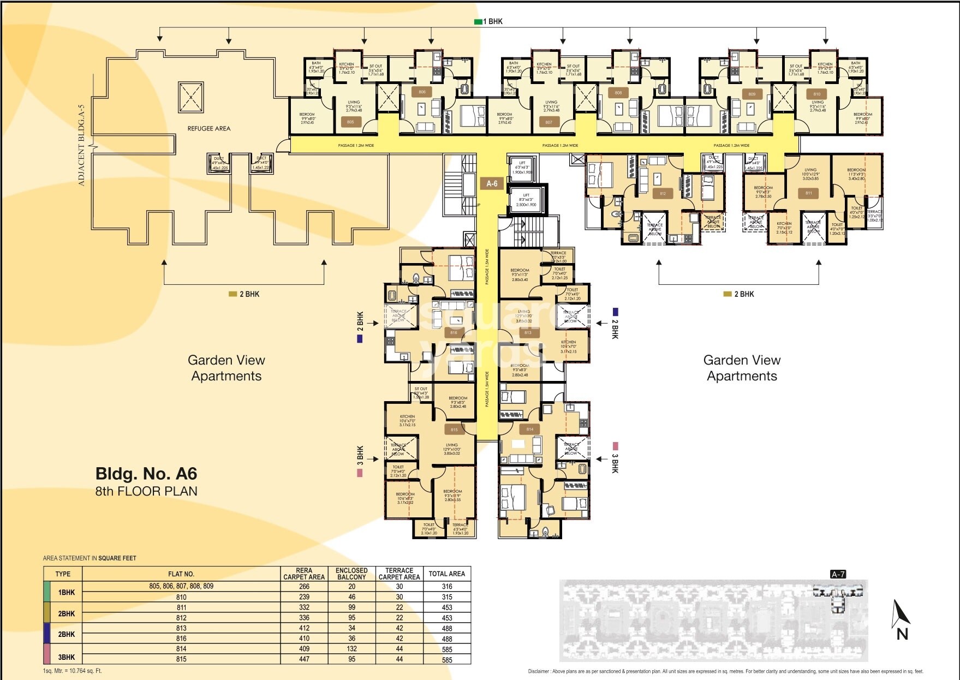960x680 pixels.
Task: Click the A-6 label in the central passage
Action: pos(492,183)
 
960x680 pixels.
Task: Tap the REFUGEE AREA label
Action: pos(208,129)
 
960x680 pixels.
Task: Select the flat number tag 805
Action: pos(350,122)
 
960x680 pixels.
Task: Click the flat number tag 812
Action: pos(663,194)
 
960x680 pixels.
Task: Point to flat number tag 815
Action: pos(454,430)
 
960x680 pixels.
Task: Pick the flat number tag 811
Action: pos(809,193)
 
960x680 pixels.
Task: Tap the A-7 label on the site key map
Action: pos(838,574)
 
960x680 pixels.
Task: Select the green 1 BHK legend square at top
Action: pos(478,22)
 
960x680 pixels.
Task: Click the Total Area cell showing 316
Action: pos(447,586)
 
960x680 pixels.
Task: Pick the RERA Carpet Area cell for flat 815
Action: pos(304,659)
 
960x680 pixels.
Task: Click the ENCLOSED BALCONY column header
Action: pos(351,574)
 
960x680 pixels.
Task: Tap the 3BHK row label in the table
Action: pos(67,657)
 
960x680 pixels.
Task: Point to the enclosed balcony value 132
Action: pos(351,649)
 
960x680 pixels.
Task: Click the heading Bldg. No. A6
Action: pos(146,473)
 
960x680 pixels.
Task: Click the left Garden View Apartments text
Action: pos(226,368)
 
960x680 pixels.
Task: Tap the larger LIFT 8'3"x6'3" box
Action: pos(526,200)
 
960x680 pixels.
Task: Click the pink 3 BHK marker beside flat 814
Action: pos(615,446)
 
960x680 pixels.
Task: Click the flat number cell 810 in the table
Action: pos(181,597)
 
